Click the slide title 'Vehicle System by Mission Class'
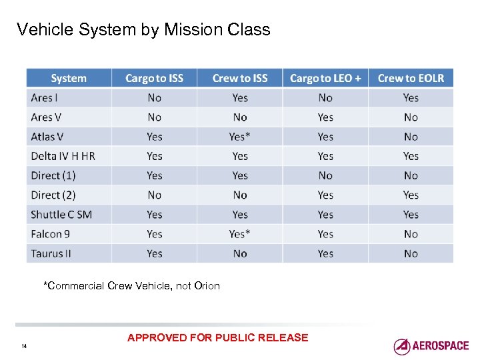coord(143,30)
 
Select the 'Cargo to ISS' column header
coord(154,79)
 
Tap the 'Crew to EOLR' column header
coord(411,79)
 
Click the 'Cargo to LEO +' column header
coord(325,79)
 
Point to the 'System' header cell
coord(69,79)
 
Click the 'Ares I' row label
coord(45,98)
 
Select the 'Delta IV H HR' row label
coord(63,156)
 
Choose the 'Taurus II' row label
coord(51,253)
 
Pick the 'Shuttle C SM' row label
coord(61,215)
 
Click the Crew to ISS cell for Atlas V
coord(240,137)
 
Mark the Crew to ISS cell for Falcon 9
coord(240,234)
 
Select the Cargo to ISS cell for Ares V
coord(154,117)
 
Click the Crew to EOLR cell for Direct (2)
coord(411,195)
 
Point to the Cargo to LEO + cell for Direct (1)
coord(325,176)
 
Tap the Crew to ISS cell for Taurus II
coord(240,253)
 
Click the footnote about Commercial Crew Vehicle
coord(131,286)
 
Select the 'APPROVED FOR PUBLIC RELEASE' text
coord(217,337)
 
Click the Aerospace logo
coord(431,346)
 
